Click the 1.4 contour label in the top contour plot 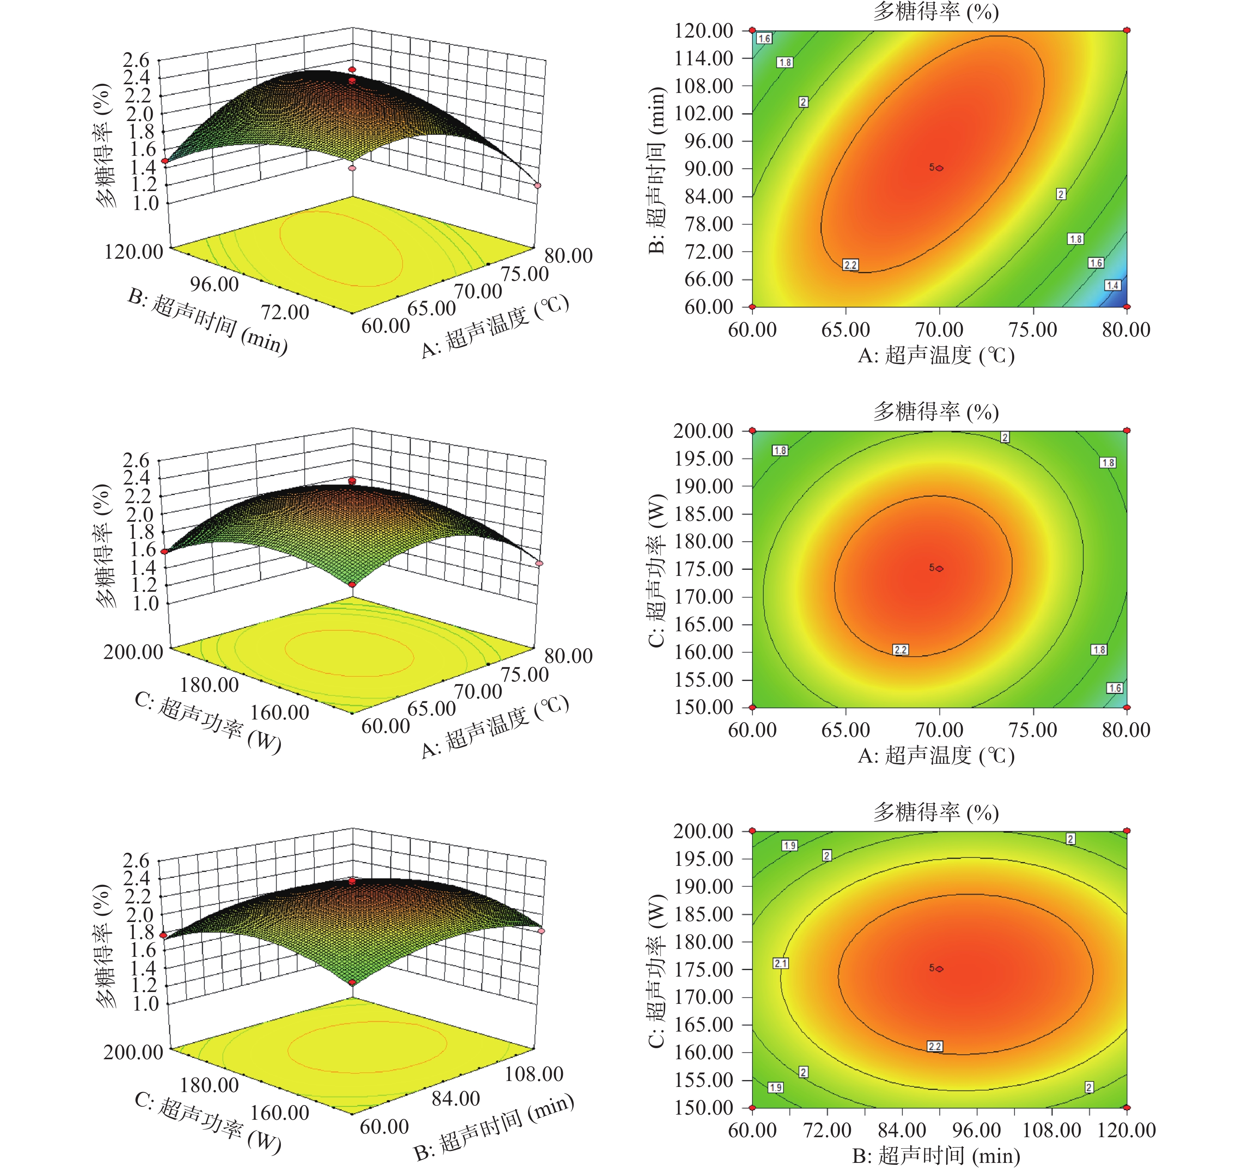click(x=1112, y=285)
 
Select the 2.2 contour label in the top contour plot click(x=850, y=265)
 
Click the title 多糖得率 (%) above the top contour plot click(x=936, y=11)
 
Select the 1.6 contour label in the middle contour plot click(x=1114, y=688)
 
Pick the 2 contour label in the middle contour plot click(x=1005, y=437)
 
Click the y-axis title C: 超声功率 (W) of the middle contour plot click(x=656, y=570)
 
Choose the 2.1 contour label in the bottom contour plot click(x=780, y=963)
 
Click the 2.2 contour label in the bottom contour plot click(x=934, y=1046)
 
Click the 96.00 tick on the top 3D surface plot click(x=214, y=284)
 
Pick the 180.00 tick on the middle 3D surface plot click(x=209, y=684)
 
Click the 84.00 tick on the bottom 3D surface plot click(x=456, y=1098)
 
